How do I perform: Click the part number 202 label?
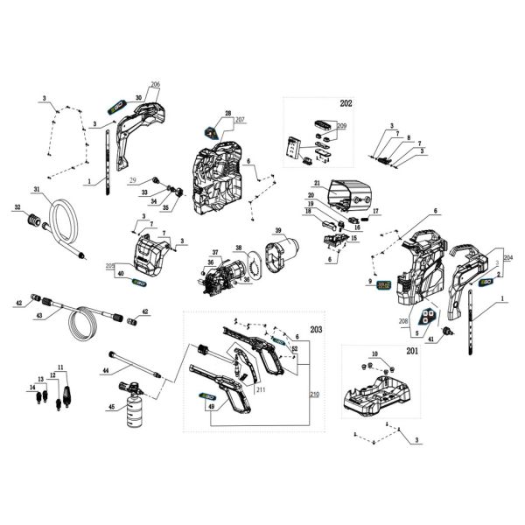click(346, 104)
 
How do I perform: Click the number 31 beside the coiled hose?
click(37, 190)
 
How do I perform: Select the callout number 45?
click(110, 407)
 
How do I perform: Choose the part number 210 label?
click(314, 395)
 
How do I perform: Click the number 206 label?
click(155, 84)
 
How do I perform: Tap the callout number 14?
click(31, 387)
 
